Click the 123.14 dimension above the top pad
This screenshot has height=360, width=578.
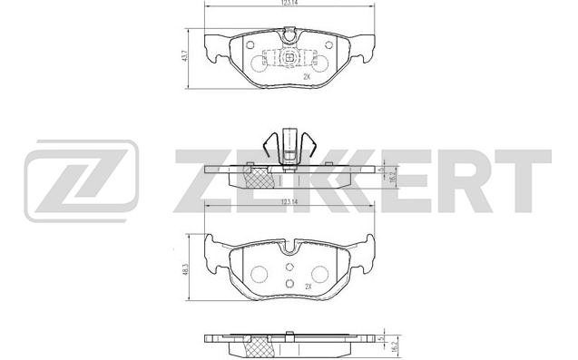[x=289, y=2]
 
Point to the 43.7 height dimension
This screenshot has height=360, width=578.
[x=186, y=55]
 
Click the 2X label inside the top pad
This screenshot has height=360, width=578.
[x=308, y=77]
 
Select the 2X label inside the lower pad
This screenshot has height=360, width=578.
[x=309, y=287]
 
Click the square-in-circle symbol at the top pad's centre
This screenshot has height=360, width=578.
[x=289, y=57]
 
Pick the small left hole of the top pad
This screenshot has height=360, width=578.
[x=250, y=45]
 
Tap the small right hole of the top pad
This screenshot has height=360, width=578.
[x=328, y=45]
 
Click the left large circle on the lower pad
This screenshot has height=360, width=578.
[x=259, y=275]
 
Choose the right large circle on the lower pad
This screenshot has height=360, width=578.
[x=320, y=275]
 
